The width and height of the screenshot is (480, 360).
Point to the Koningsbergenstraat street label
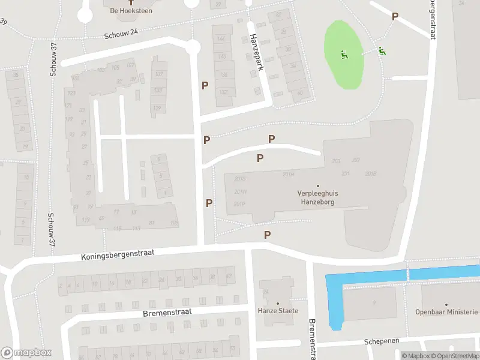point(118,254)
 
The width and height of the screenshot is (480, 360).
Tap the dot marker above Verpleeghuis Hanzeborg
point(318,186)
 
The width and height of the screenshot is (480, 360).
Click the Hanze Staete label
point(278,311)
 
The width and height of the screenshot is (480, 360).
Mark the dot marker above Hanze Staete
point(278,303)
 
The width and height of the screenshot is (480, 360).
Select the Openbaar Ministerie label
point(447,312)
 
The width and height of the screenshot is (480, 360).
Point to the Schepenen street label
point(382,341)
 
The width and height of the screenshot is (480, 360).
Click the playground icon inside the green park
point(344,55)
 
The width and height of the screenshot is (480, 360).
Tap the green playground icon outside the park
point(382,51)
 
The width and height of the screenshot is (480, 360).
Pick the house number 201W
point(240,192)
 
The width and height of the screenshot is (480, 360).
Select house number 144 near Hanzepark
point(222,39)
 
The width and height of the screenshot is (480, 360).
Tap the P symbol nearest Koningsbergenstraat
point(268,235)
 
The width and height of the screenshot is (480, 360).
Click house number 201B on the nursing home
point(370,173)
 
